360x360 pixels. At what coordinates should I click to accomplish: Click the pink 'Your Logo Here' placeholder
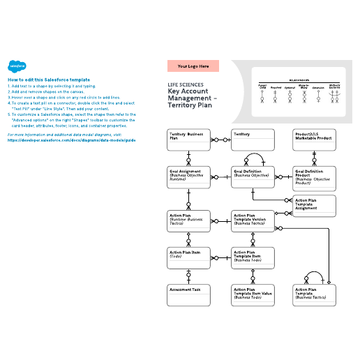pyautogui.click(x=193, y=66)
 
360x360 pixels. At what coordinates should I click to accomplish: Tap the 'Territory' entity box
pyautogui.click(x=252, y=140)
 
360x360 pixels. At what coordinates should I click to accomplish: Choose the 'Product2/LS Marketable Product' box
pyautogui.click(x=314, y=140)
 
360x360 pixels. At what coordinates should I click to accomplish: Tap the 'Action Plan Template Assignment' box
pyautogui.click(x=314, y=206)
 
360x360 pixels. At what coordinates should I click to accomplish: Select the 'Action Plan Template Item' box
pyautogui.click(x=252, y=259)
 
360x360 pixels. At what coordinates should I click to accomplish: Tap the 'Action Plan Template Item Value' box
pyautogui.click(x=252, y=296)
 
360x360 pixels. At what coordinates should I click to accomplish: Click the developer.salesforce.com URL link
pyautogui.click(x=72, y=140)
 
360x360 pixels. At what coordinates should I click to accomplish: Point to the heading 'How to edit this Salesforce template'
pyautogui.click(x=49, y=80)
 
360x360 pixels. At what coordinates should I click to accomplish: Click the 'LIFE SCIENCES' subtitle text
pyautogui.click(x=186, y=84)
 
